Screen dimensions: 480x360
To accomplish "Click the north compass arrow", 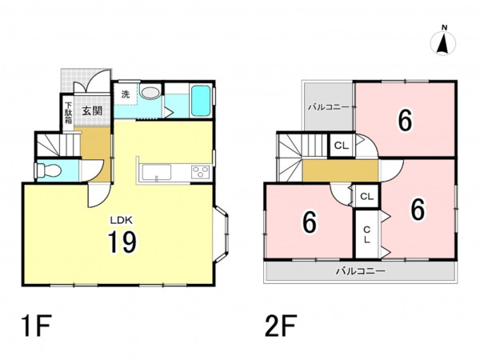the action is pos(442,45).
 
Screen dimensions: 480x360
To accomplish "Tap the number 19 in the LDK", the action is pos(122,242).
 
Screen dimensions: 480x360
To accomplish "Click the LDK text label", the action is pos(122,219).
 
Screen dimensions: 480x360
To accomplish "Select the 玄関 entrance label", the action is pos(92,111).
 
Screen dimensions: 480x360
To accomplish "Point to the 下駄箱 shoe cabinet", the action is pos(68,113).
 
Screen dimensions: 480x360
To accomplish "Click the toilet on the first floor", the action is pos(47,170).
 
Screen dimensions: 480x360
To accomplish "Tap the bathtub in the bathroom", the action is pos(201,101).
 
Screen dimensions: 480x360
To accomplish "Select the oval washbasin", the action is pos(150,93).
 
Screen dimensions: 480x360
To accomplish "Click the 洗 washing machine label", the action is pos(126,94).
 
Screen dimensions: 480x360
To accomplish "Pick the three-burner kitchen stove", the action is pos(201,172).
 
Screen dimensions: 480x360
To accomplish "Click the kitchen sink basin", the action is pos(156,172).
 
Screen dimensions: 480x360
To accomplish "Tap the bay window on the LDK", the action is pos(221,234).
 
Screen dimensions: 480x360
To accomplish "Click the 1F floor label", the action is pos(35,326).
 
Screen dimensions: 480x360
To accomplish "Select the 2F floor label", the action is pos(281,326).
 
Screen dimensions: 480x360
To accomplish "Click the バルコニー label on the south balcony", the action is pos(360,271).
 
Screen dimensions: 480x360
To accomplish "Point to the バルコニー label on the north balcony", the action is pos(328,107).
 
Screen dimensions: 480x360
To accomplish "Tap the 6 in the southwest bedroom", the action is pos(309,222).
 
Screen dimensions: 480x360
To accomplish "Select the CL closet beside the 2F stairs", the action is pos(342,146).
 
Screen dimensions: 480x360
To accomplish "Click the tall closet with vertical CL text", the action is pos(366,234).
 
